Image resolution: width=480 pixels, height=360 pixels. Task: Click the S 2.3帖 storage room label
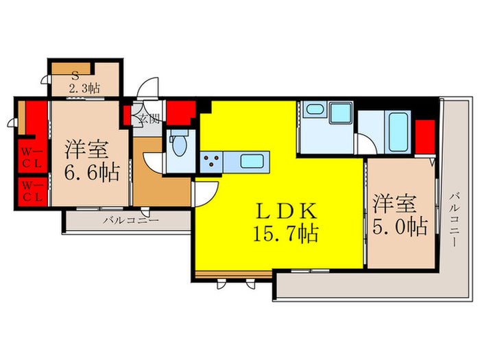pyautogui.click(x=83, y=82)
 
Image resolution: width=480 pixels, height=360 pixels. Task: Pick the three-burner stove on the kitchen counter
pyautogui.click(x=212, y=162)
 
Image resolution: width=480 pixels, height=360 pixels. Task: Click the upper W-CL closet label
pyautogui.click(x=32, y=155)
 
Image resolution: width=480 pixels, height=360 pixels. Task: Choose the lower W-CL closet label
pyautogui.click(x=32, y=190)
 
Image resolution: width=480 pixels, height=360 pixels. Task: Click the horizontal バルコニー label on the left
pyautogui.click(x=131, y=221)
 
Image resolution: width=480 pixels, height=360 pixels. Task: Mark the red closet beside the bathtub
pyautogui.click(x=426, y=138)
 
